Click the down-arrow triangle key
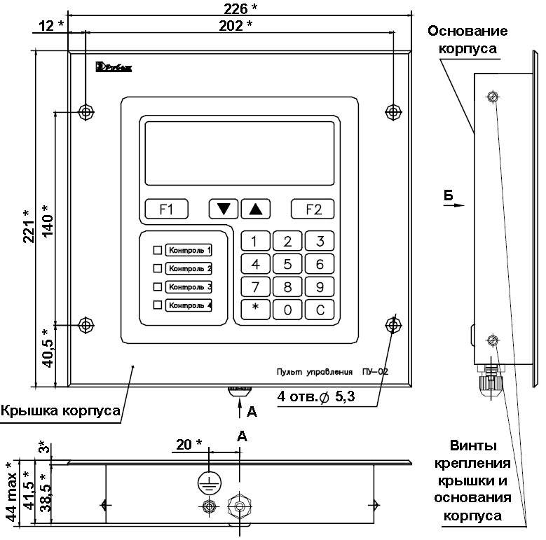224,209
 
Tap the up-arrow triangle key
255,209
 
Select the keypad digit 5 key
287,265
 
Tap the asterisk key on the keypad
255,310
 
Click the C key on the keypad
320,310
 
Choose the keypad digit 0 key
287,310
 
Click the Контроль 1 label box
189,249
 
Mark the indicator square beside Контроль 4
157,305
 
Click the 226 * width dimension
240,8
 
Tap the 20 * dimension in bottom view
189,444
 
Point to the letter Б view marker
449,195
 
